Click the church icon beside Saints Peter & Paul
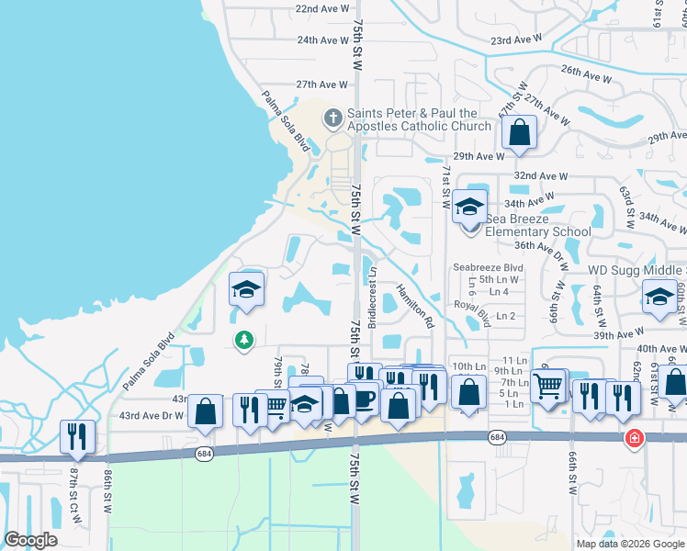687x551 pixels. (332, 119)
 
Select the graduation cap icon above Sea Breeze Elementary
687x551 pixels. (468, 206)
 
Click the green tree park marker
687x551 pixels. (243, 341)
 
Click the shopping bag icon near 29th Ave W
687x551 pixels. (519, 131)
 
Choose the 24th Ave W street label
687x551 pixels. (322, 40)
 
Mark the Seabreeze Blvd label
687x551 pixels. (488, 268)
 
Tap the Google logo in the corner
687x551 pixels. (31, 540)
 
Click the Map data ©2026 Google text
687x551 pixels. (629, 543)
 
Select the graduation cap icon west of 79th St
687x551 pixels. (246, 289)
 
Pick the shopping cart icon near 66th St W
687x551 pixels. (547, 385)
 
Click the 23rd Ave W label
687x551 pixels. (516, 41)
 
